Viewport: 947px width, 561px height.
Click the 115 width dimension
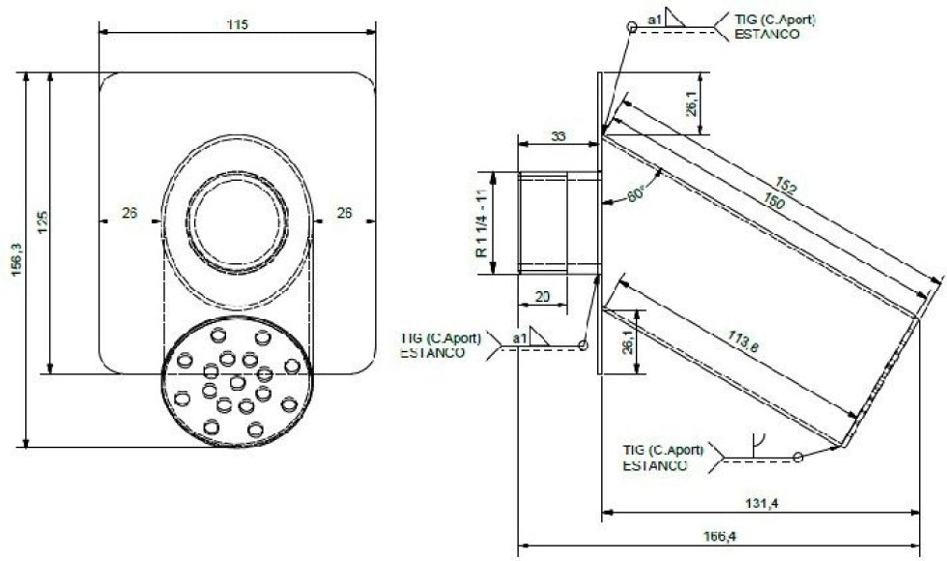pyautogui.click(x=238, y=24)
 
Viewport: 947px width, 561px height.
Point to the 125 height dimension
pyautogui.click(x=41, y=224)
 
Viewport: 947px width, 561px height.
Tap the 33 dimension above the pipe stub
pyautogui.click(x=559, y=136)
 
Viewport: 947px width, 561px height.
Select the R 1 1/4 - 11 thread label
pyautogui.click(x=479, y=223)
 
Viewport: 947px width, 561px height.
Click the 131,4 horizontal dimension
pyautogui.click(x=760, y=503)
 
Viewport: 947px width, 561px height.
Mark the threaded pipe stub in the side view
pyautogui.click(x=559, y=223)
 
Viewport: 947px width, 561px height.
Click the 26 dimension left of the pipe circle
pyautogui.click(x=129, y=214)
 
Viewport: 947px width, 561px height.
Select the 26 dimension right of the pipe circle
pyautogui.click(x=344, y=214)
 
